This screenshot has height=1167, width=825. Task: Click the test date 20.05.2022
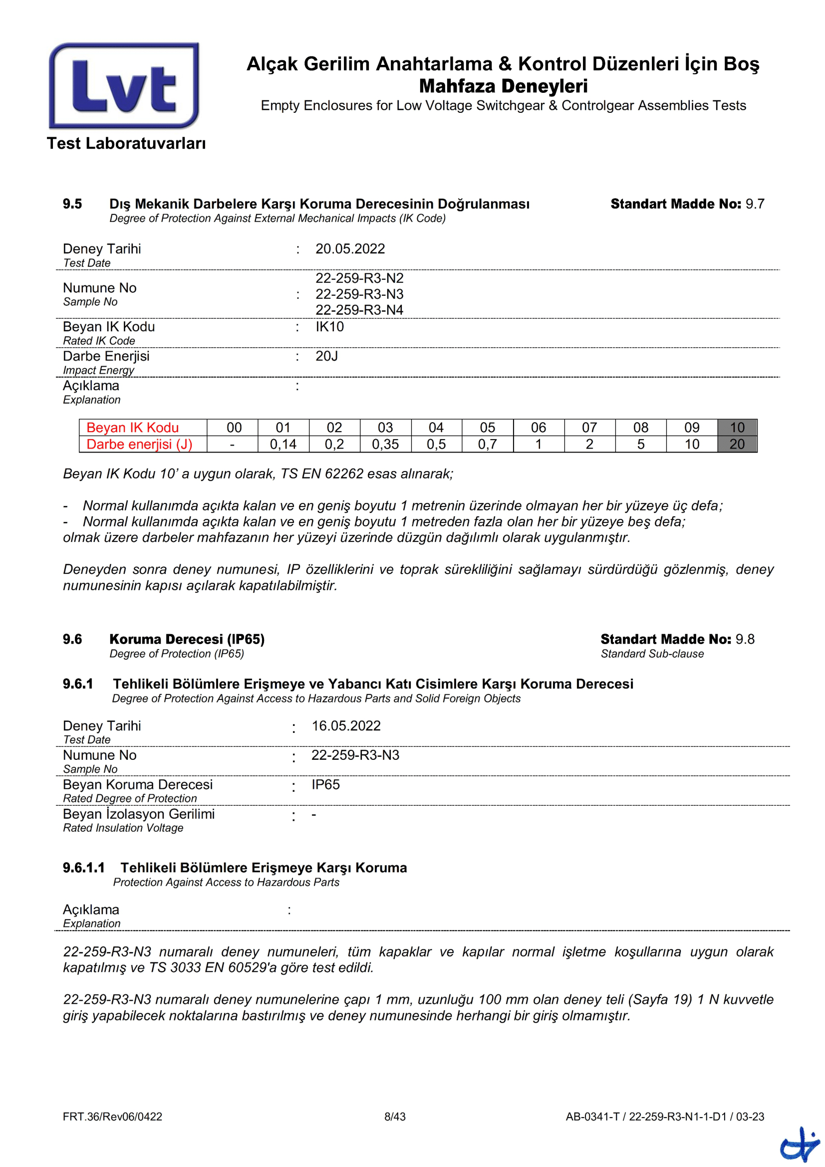(x=350, y=248)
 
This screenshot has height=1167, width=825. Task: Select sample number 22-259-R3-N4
(x=359, y=309)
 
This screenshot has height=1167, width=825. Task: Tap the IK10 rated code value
(x=329, y=326)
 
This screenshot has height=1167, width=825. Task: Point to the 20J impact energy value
(x=326, y=356)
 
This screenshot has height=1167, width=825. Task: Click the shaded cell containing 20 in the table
(x=737, y=444)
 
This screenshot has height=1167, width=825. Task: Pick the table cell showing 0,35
(x=385, y=444)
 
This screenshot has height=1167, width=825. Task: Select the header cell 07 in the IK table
(x=589, y=427)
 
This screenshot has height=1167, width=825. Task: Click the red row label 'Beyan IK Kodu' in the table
(x=132, y=427)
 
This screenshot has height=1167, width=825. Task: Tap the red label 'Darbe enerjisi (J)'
(x=139, y=444)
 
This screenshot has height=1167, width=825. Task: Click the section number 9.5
(x=72, y=204)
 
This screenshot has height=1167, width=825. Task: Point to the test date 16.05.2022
(x=346, y=725)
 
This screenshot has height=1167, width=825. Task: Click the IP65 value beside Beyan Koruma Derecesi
(x=325, y=784)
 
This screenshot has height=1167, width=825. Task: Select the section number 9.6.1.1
(x=83, y=867)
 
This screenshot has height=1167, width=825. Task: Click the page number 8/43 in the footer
(x=394, y=1116)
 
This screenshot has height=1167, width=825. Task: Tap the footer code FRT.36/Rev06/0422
(x=112, y=1116)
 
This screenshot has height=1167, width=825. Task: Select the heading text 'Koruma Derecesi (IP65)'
(x=187, y=639)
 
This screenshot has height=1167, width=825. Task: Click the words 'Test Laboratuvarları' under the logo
(x=126, y=143)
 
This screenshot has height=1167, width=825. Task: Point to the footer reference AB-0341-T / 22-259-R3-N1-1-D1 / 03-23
(x=664, y=1116)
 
